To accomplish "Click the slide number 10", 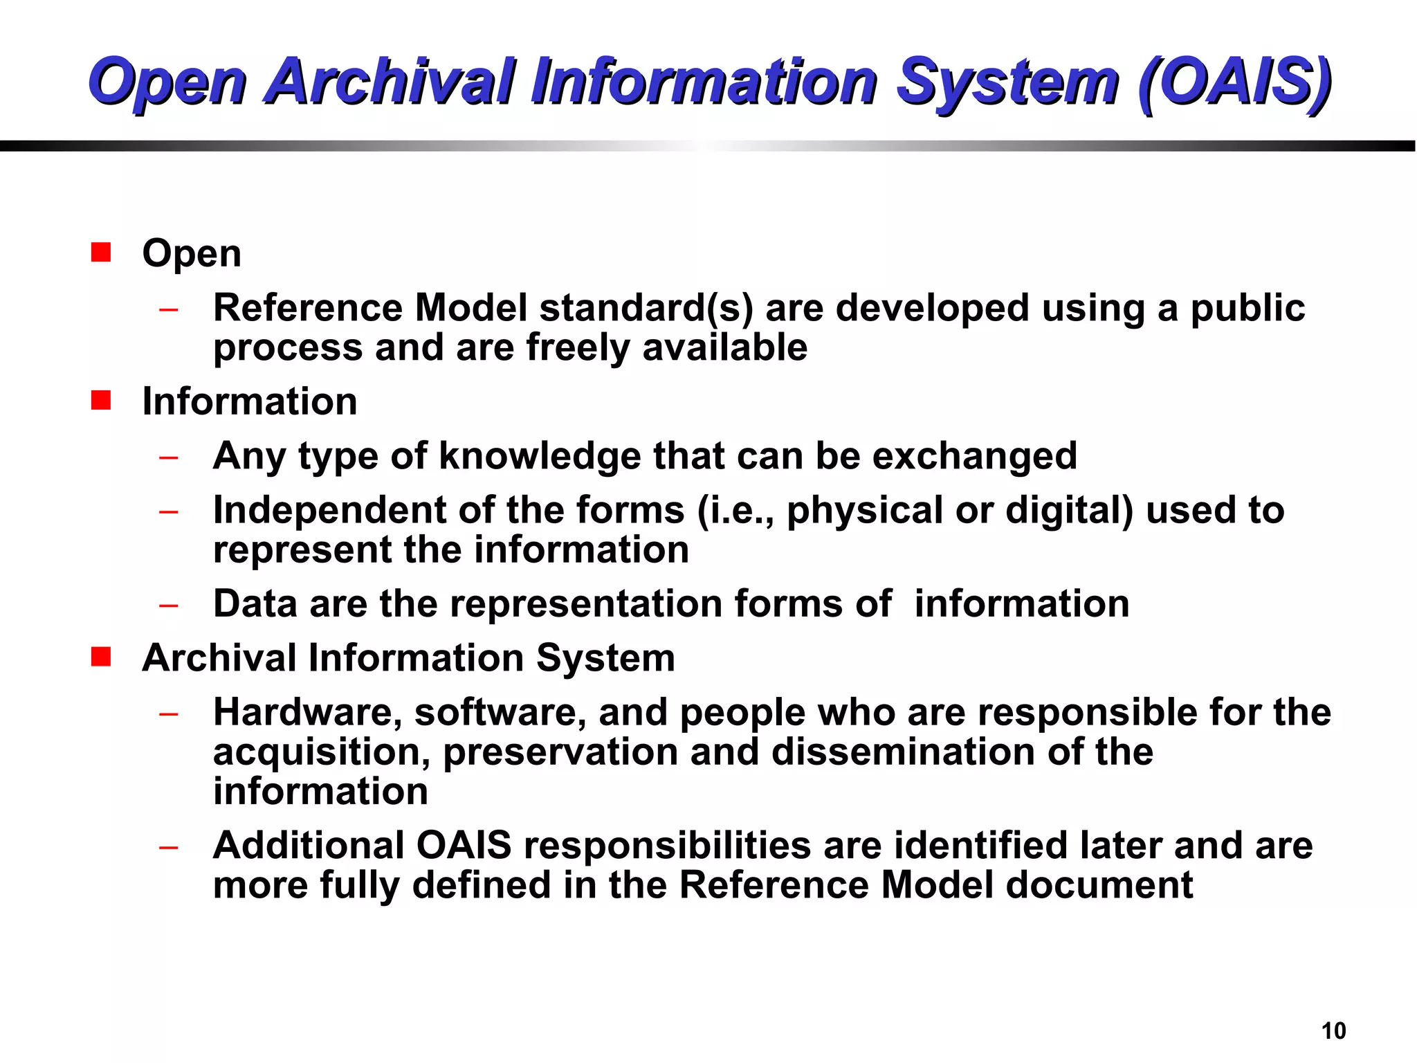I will [x=1333, y=1031].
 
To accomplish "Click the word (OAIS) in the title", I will [x=1234, y=82].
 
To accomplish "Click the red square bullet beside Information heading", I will [x=101, y=400].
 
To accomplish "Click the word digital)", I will [x=1069, y=511].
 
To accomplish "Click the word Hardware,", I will [x=307, y=713].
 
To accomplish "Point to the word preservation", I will [x=560, y=752].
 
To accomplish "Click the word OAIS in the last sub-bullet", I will [x=464, y=846].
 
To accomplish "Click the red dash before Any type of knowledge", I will [x=168, y=457].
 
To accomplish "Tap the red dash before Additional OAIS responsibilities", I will [x=168, y=847].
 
